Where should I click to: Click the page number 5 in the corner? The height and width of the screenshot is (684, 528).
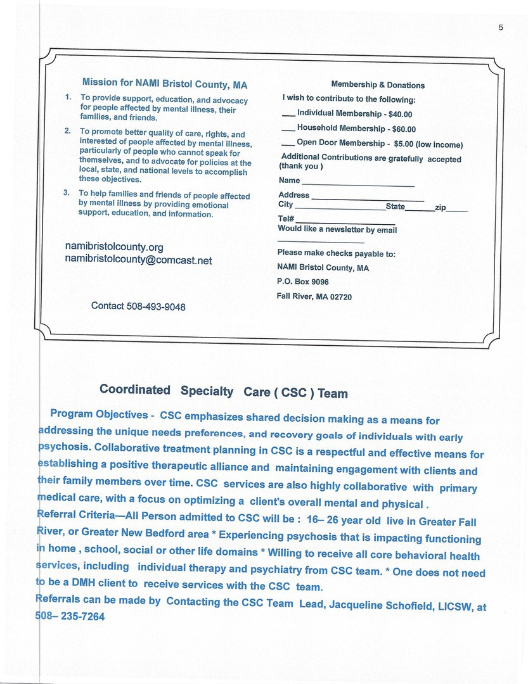click(501, 27)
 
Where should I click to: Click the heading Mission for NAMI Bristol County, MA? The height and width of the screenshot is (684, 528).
click(165, 84)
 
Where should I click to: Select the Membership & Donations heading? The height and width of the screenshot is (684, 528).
click(378, 85)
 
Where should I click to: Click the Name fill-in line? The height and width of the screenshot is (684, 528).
click(358, 185)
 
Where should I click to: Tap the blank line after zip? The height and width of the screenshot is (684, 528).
click(458, 210)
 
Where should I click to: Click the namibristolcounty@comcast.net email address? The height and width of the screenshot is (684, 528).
click(138, 260)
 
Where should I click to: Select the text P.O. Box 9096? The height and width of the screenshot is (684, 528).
click(303, 282)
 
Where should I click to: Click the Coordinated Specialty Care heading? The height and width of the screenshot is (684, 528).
click(223, 391)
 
